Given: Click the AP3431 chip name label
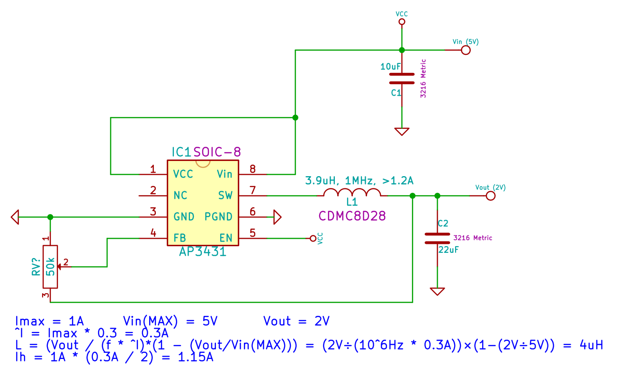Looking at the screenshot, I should click(x=203, y=252).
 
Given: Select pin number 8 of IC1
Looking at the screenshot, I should click(x=252, y=169).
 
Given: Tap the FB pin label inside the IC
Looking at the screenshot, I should click(x=179, y=238).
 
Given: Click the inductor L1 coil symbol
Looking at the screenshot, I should click(x=352, y=193).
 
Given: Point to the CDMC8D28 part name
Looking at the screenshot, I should click(x=352, y=216).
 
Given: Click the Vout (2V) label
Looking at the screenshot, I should click(x=491, y=188).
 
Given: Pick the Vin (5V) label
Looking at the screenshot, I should click(x=466, y=42).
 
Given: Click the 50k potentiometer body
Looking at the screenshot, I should click(x=50, y=267).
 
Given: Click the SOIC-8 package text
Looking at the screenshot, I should click(x=217, y=152).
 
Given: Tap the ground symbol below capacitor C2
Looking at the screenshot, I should click(x=438, y=291).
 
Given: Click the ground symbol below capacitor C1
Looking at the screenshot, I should click(x=402, y=131).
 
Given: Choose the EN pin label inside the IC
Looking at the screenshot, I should click(x=226, y=238).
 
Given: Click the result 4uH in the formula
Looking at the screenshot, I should click(x=590, y=345).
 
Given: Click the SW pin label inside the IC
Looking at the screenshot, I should click(x=225, y=195).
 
